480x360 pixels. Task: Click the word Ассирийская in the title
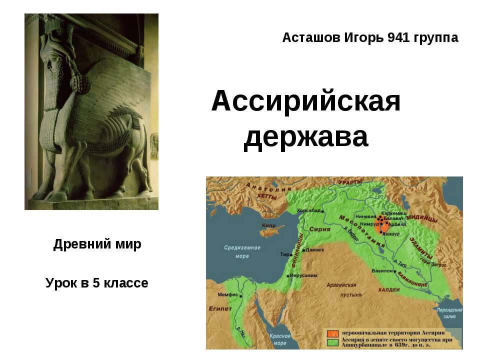(306, 102)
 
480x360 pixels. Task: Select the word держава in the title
(306, 136)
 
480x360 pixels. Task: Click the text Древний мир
(97, 244)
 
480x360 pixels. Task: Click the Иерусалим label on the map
(304, 275)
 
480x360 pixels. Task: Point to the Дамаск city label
(314, 249)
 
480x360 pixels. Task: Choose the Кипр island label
(268, 225)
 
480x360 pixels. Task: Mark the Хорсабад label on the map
(308, 210)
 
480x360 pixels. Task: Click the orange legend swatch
(332, 333)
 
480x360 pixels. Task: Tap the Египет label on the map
(218, 309)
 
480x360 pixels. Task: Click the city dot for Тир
(290, 254)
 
